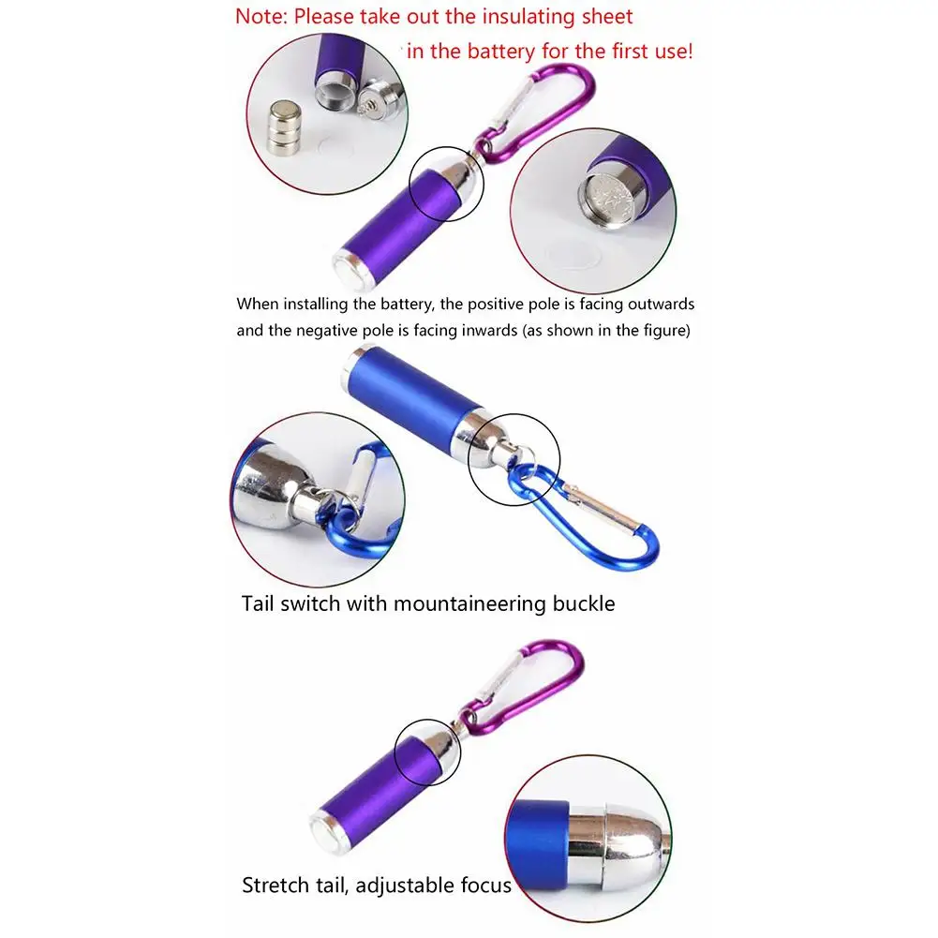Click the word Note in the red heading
260,17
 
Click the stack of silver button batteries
281,129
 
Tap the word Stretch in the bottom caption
276,885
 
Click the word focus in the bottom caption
484,885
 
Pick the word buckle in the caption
586,603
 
